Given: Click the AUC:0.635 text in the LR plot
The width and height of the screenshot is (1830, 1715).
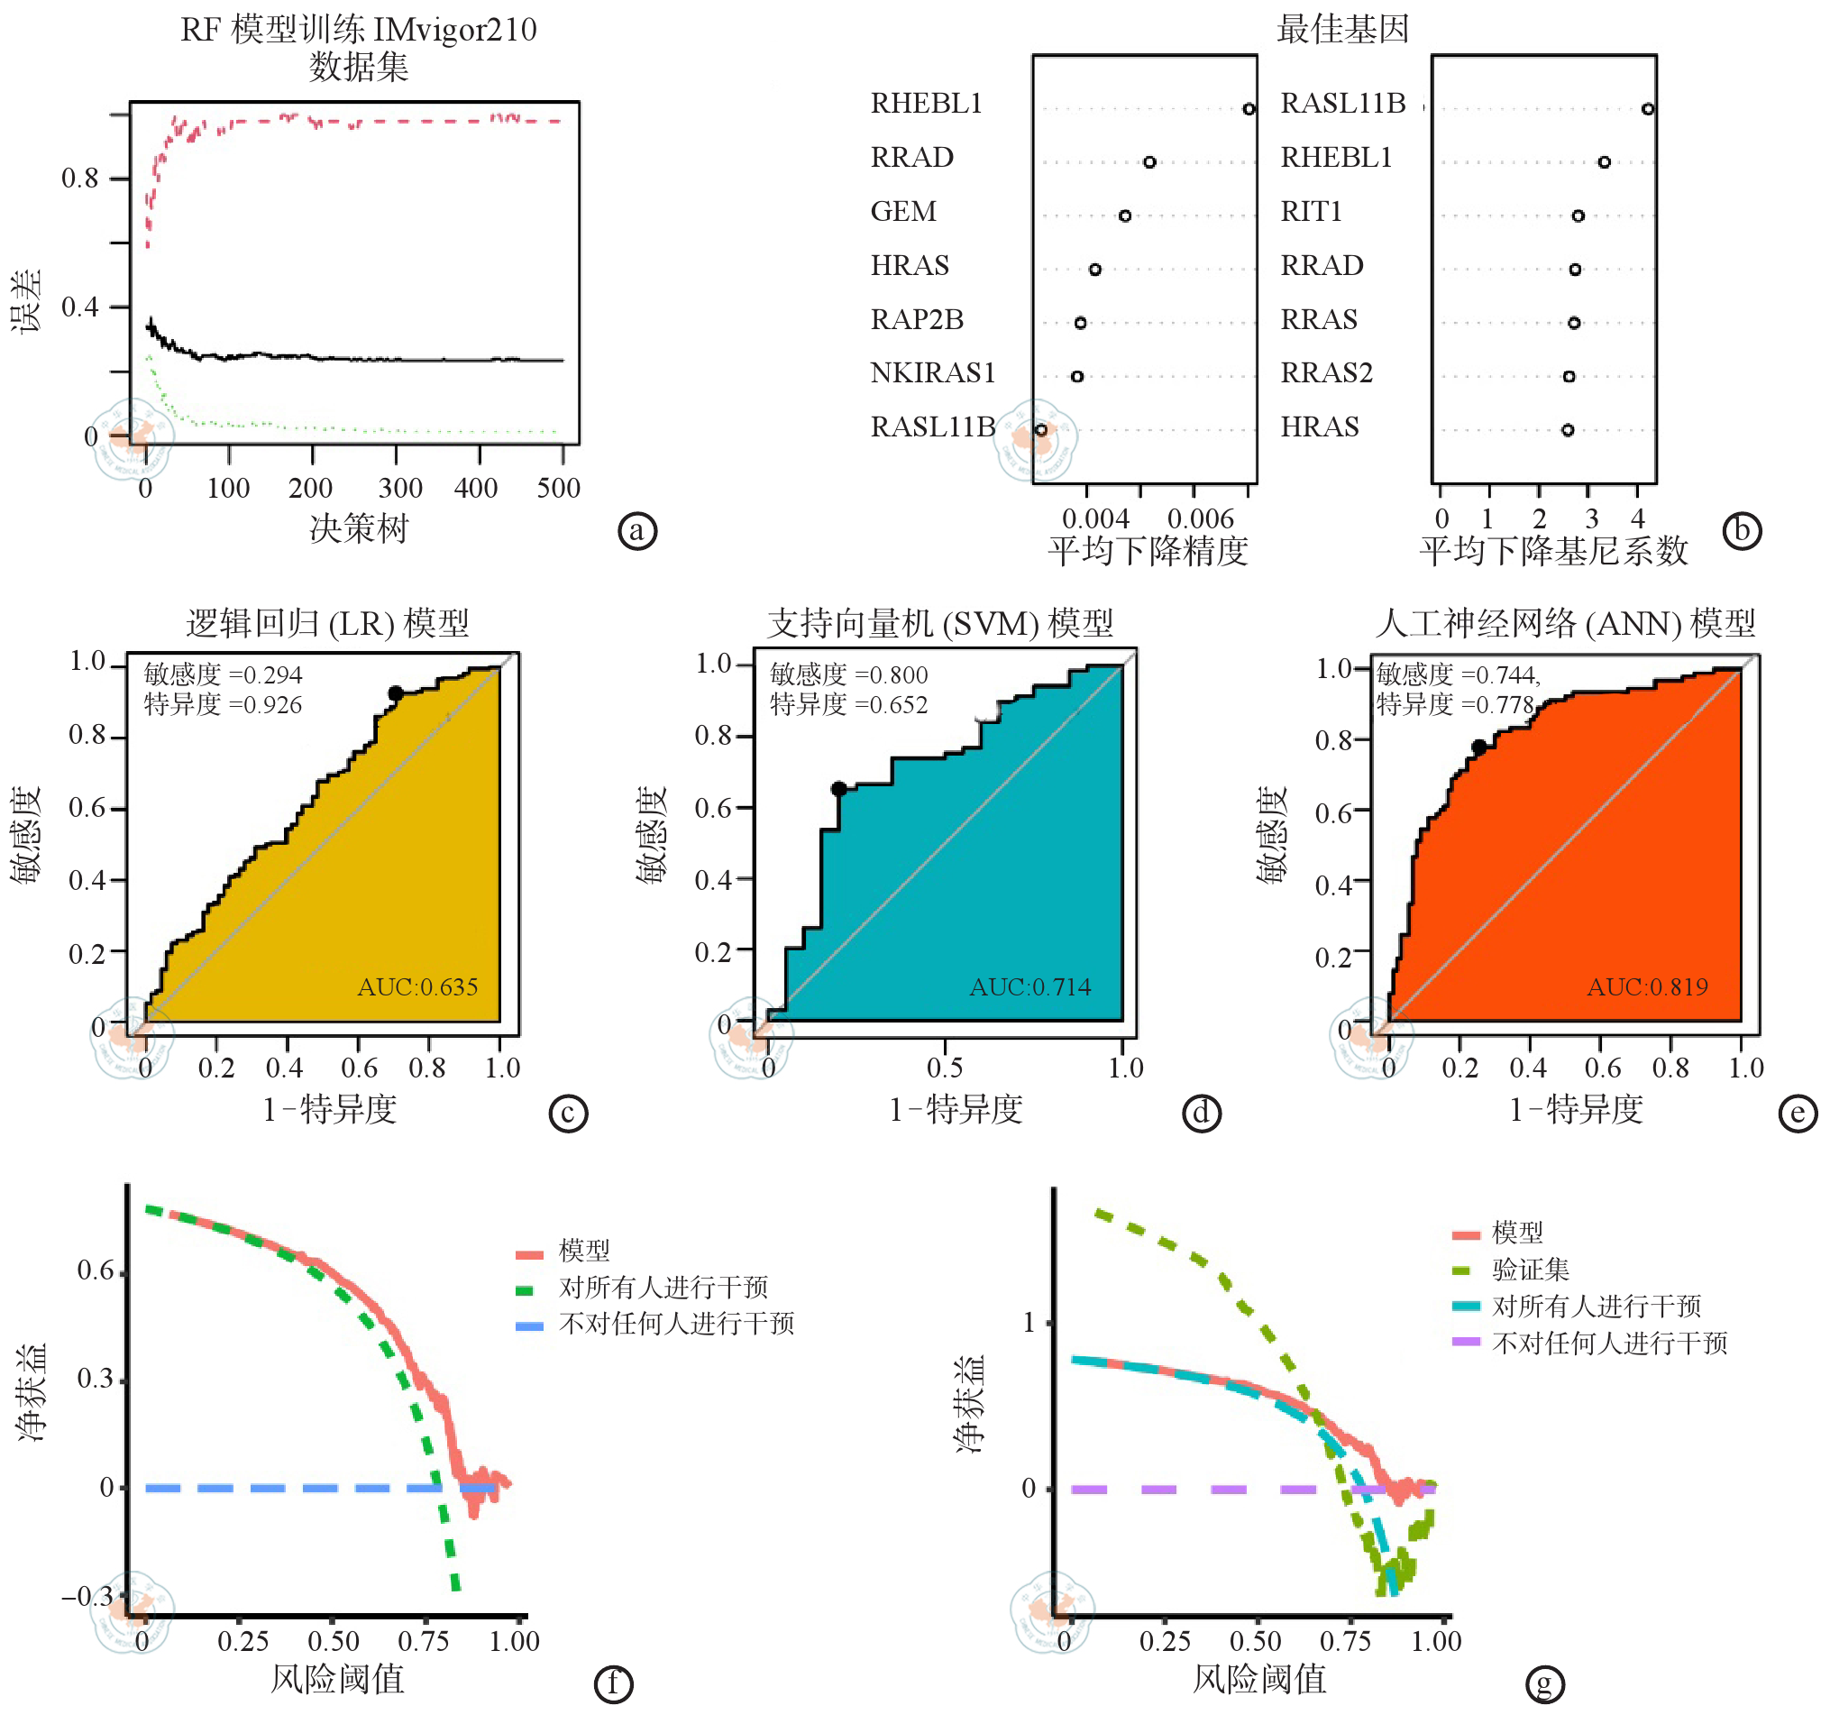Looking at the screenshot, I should point(418,986).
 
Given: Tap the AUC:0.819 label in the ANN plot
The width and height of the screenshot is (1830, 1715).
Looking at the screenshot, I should point(1647,986).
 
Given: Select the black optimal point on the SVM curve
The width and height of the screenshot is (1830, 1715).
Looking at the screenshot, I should point(838,789).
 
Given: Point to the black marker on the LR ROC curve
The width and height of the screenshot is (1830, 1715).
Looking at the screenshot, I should point(396,693).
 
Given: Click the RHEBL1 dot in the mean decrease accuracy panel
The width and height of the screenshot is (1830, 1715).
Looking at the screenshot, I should point(1249,108).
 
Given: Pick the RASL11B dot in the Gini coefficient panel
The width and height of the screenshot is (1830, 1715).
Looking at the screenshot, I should point(1648,108).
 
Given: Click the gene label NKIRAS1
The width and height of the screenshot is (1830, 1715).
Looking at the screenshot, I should point(932,372).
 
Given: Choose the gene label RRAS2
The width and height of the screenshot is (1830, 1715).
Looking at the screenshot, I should point(1326,372).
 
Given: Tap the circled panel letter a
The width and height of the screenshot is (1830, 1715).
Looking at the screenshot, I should point(637,531).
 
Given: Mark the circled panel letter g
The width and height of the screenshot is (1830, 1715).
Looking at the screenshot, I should point(1544,1684).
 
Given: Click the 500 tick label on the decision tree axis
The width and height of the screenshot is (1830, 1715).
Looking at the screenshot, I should point(559,488).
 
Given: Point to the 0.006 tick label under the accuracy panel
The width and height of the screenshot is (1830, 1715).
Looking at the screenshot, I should point(1201,518).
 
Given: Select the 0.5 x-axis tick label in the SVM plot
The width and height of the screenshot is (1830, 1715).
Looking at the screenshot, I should point(945,1068).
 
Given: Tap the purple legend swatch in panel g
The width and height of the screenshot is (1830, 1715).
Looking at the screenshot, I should point(1466,1343).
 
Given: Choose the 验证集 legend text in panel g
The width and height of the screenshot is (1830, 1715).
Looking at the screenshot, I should point(1530,1270).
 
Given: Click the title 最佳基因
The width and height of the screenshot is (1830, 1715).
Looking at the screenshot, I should point(1342,30).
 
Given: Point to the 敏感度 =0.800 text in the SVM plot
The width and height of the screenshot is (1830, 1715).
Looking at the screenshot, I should point(848,674).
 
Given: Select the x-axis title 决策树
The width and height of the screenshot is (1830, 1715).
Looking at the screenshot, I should point(359,528).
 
